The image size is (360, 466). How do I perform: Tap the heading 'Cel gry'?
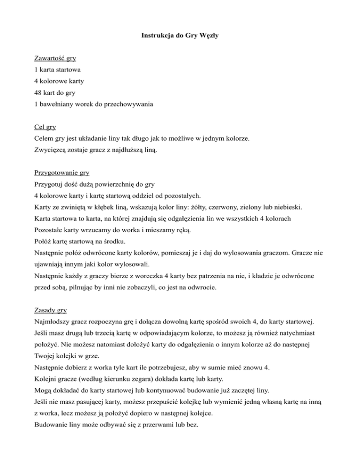[x=46, y=127]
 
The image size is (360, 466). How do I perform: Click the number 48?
[x=40, y=93]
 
